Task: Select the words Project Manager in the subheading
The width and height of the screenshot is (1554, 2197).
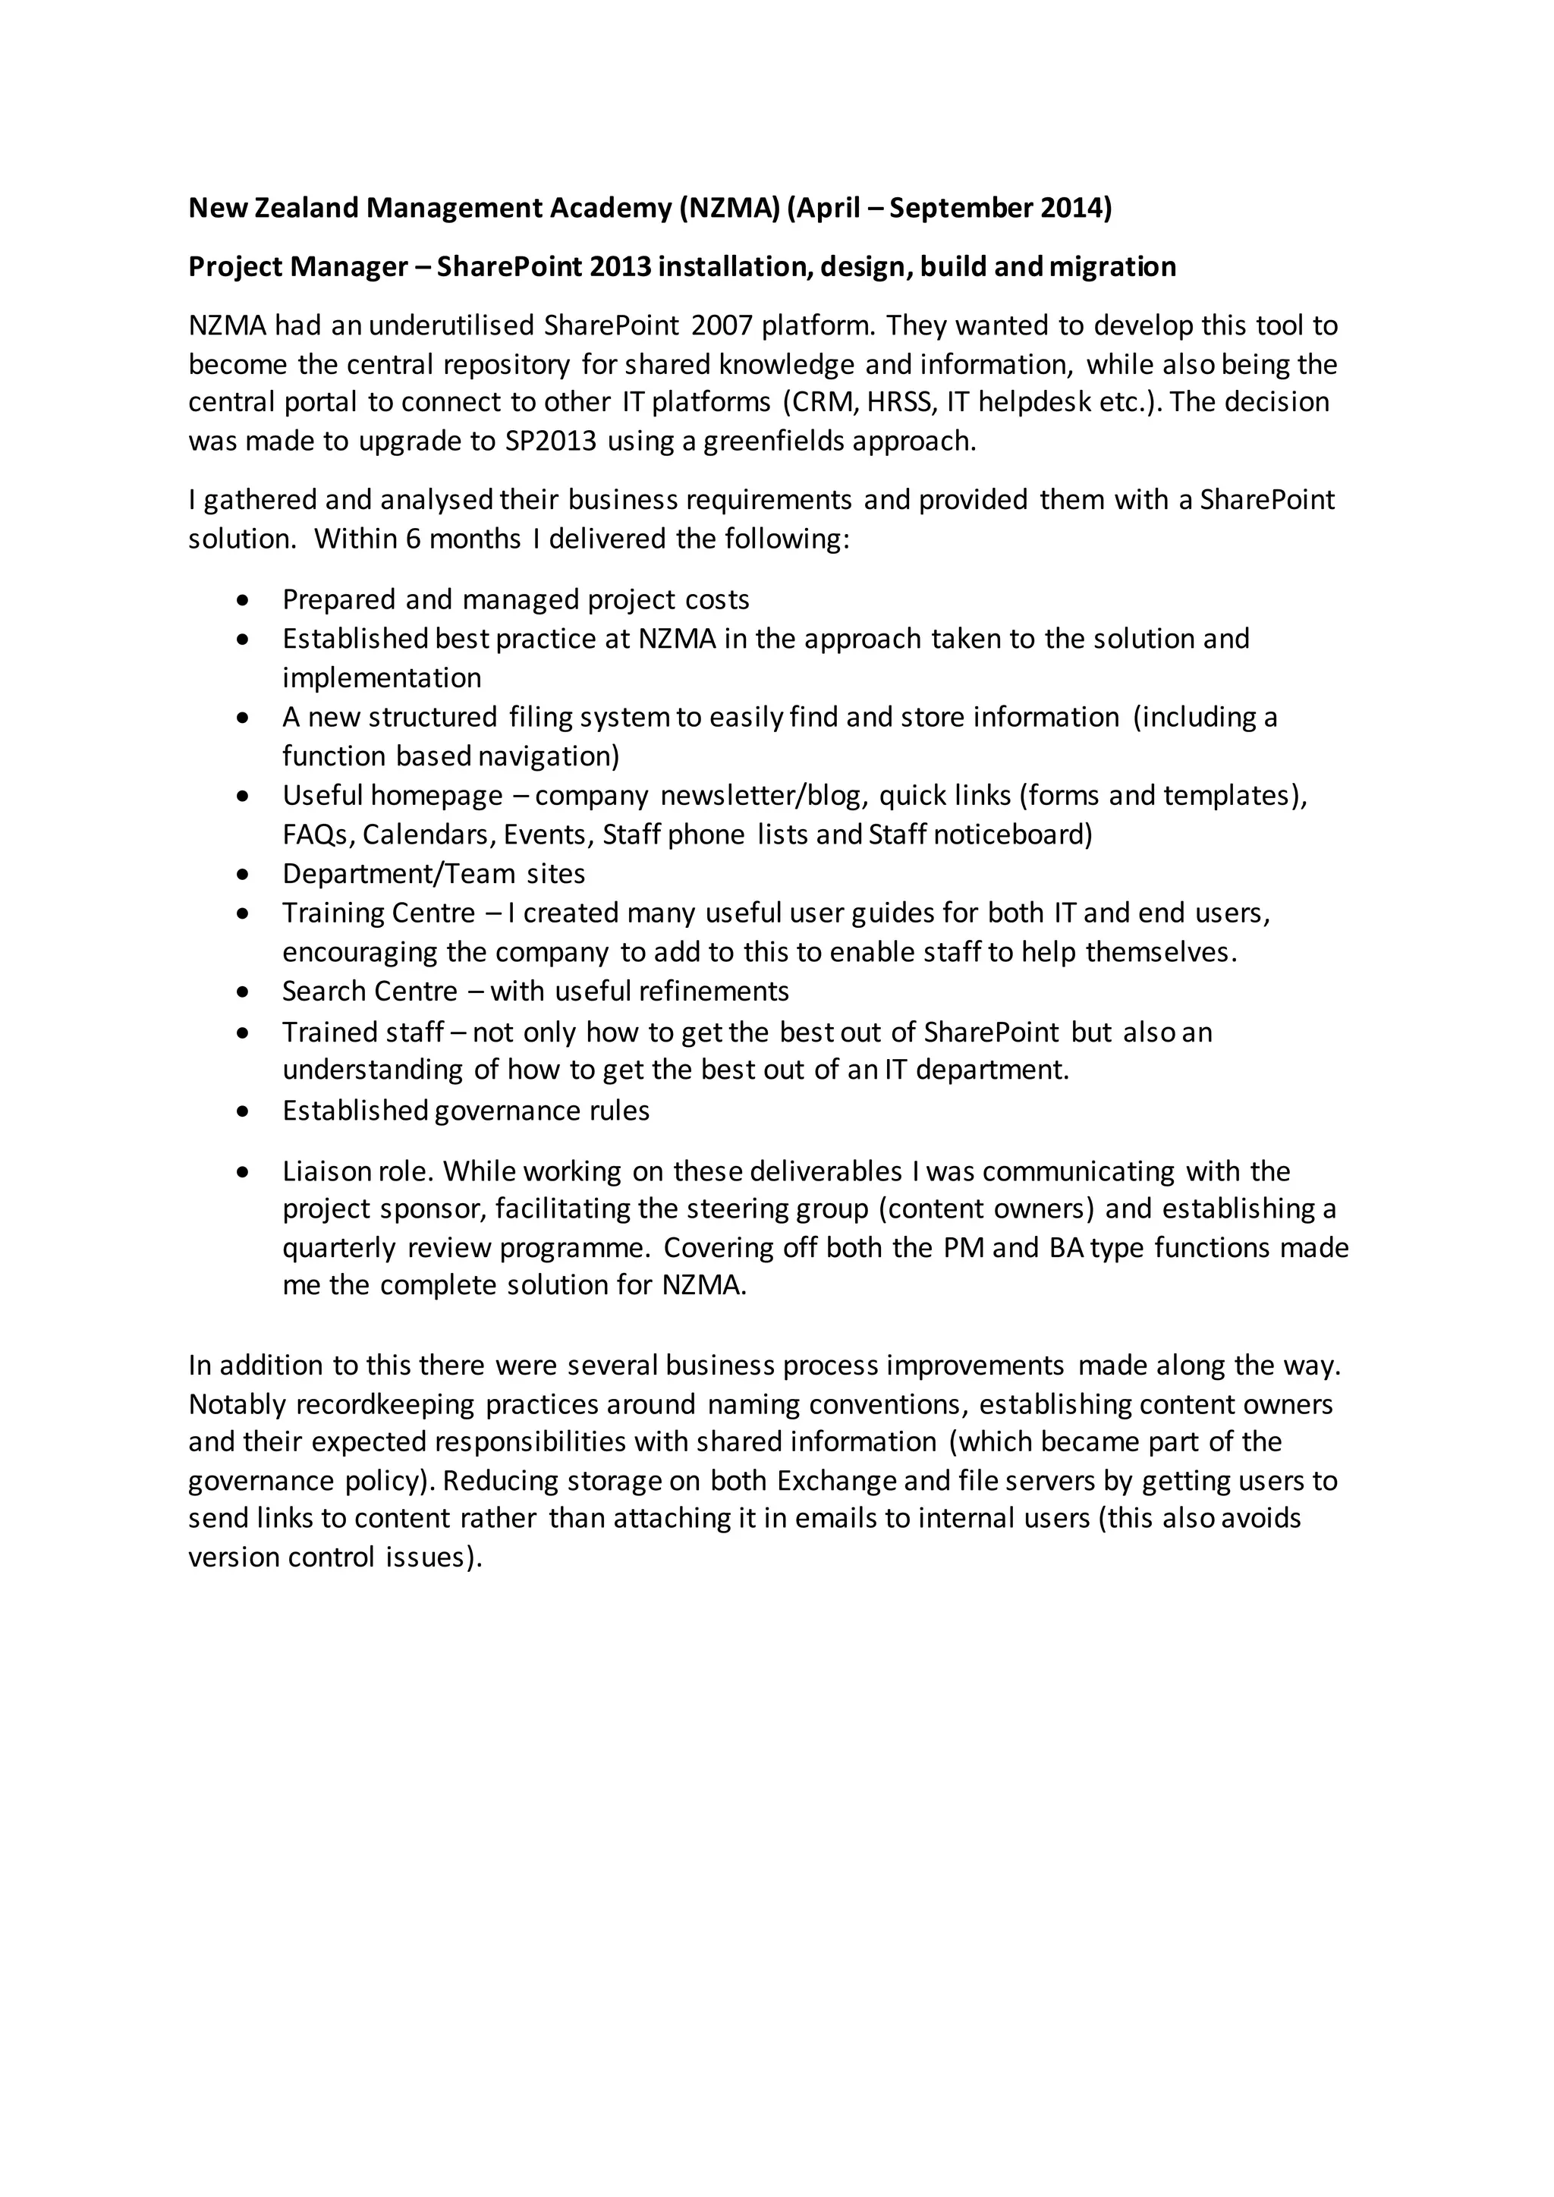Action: coord(297,266)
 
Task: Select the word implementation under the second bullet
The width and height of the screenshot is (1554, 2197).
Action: coord(381,677)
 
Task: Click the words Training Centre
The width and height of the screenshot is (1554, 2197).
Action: coord(378,913)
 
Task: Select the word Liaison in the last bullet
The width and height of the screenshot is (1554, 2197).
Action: coord(326,1171)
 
